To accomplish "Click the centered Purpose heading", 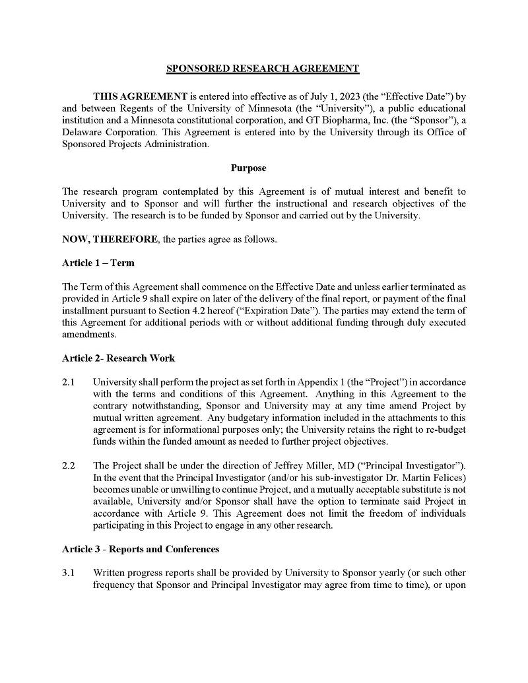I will (x=248, y=168).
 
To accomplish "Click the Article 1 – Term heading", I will (x=98, y=263).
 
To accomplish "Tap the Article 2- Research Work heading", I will (x=118, y=358).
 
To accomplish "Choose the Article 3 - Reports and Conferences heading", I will (x=141, y=549).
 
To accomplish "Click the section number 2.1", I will (x=68, y=383).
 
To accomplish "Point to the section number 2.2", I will (x=68, y=466).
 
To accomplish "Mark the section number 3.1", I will (x=68, y=573).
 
